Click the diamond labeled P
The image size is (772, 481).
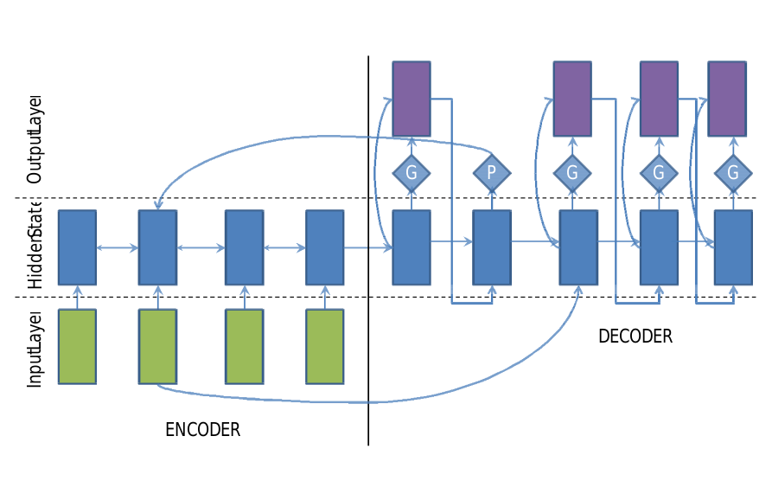click(491, 172)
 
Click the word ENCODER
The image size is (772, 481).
click(202, 430)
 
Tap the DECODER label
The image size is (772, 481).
click(635, 337)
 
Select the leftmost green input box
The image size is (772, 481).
click(77, 346)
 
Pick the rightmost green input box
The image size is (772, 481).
click(325, 346)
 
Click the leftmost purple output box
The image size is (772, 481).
click(412, 99)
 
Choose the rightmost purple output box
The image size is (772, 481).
click(727, 99)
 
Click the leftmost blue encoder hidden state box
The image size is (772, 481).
click(77, 247)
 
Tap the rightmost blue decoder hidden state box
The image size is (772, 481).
click(733, 247)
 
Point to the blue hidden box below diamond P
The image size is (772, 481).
click(491, 247)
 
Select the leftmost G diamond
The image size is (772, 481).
click(412, 172)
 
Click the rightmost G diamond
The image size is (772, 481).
click(733, 172)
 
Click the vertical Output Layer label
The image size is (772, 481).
click(35, 138)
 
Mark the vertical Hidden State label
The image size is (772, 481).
click(35, 247)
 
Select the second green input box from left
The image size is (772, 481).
click(158, 346)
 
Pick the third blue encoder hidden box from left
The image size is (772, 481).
click(244, 247)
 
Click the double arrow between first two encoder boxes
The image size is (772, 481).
click(118, 248)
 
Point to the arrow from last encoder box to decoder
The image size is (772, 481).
click(368, 248)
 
